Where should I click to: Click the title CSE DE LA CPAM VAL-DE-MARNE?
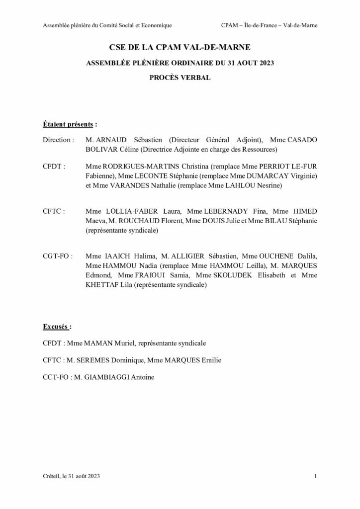point(180,48)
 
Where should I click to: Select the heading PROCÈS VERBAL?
point(180,78)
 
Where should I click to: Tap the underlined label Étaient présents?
point(68,123)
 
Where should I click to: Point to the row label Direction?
point(58,140)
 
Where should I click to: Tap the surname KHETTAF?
point(102,285)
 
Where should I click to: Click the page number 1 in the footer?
point(315,477)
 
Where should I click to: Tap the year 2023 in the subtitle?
point(265,63)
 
